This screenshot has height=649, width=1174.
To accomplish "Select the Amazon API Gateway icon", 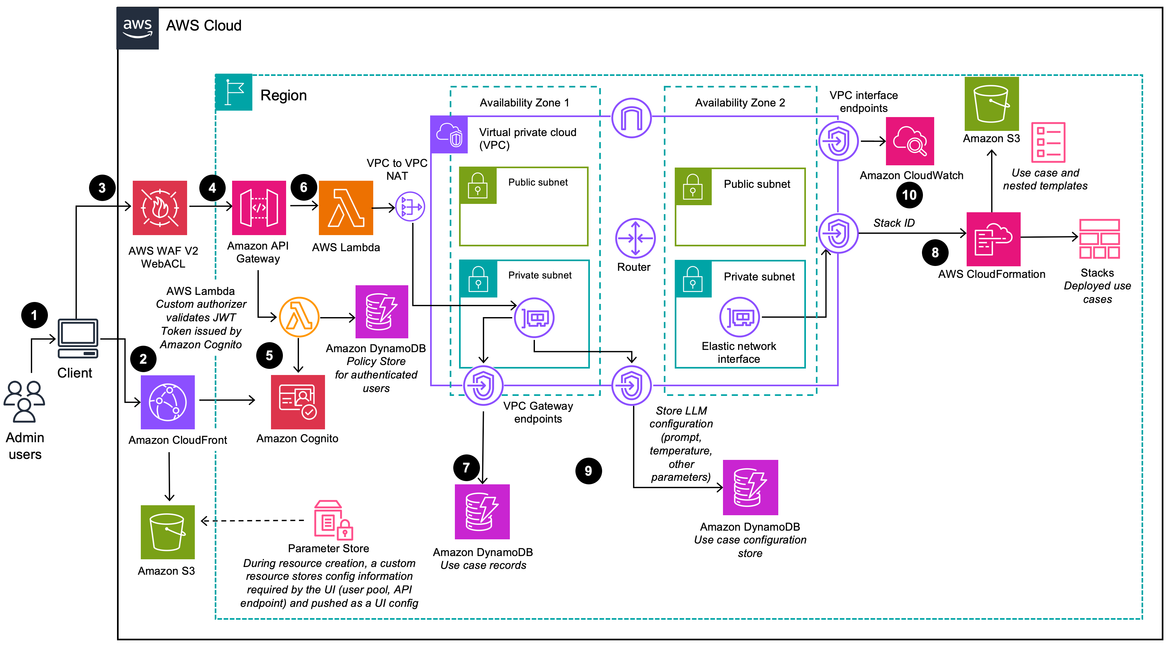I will point(259,208).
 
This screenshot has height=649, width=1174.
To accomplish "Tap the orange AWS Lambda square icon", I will point(346,208).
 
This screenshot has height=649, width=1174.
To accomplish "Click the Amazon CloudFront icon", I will point(168,402).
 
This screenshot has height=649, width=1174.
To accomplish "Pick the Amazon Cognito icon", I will point(298,402).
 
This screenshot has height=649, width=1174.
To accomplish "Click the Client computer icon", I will point(78,338).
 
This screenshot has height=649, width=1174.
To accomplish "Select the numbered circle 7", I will point(466,468).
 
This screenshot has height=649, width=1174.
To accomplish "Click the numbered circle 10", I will point(909,195).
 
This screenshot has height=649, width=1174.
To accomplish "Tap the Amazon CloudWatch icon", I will point(910,142).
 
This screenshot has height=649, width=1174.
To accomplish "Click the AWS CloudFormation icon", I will point(993,239).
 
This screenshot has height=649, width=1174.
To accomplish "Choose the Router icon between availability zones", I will point(635,238).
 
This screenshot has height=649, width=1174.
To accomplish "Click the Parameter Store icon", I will point(333,520).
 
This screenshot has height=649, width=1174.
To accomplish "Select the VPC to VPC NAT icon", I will point(410,206).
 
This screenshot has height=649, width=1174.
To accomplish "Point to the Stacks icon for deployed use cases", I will point(1099,239).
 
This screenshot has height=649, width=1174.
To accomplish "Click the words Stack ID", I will point(894,223).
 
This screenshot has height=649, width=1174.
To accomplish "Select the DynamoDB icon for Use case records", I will point(482,512).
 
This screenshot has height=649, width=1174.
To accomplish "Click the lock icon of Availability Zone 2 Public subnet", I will point(693,187).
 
